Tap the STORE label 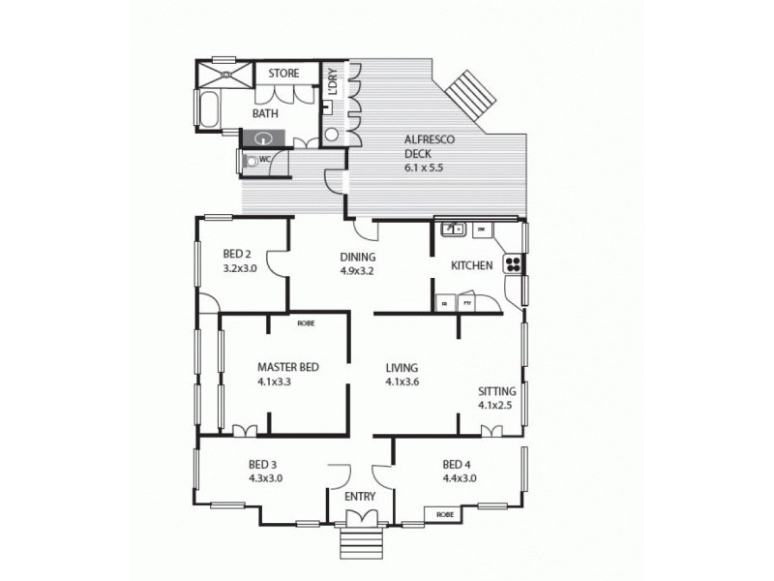[283, 74]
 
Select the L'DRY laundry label [332, 77]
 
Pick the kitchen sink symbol [452, 229]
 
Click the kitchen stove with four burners [514, 262]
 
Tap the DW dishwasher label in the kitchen [481, 229]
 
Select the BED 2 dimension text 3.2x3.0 [240, 268]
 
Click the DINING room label [357, 257]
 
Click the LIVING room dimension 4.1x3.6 [402, 382]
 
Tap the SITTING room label [497, 392]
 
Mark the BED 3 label [265, 464]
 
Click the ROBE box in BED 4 [444, 514]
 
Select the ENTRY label [360, 497]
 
